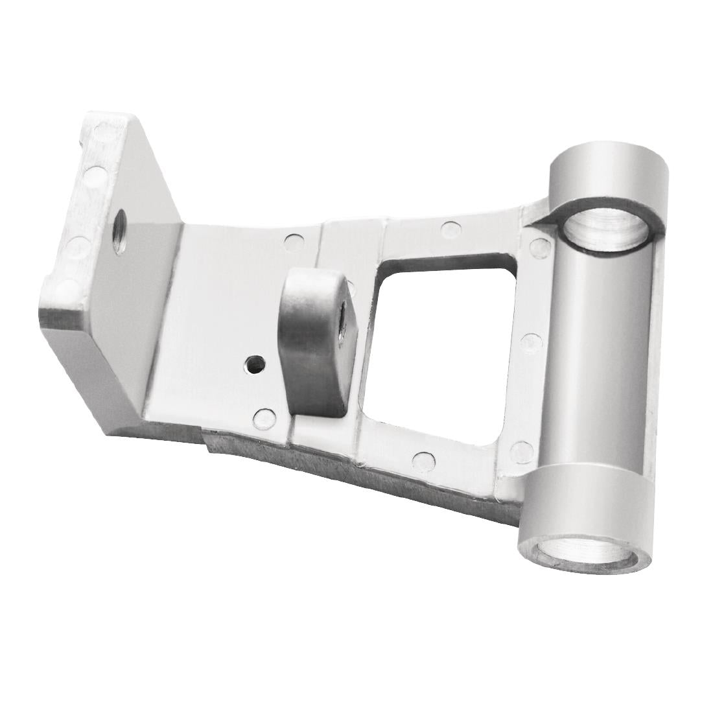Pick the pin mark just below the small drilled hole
click(263, 417)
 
